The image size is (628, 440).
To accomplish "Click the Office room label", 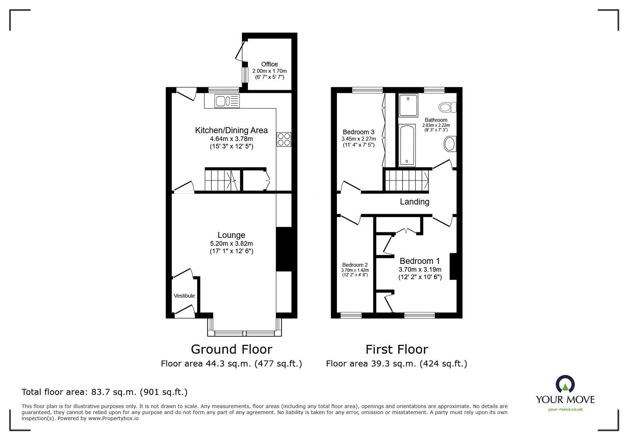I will click(x=269, y=64).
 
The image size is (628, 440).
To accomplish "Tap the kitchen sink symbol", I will click(x=227, y=101).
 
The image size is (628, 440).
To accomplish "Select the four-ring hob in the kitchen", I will click(x=284, y=139).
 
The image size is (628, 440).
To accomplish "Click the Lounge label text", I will click(x=231, y=235).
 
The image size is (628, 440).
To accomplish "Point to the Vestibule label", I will click(x=184, y=296).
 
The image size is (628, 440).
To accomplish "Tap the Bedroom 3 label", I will click(x=358, y=132).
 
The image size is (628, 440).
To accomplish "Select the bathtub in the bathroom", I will click(x=406, y=145).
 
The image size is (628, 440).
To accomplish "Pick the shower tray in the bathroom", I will click(x=408, y=105).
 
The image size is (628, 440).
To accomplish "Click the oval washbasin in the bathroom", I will click(x=449, y=144).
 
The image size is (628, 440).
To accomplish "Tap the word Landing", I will click(x=414, y=202).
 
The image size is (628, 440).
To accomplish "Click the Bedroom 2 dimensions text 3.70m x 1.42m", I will click(x=355, y=270).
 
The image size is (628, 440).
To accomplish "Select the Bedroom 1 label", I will click(x=419, y=261).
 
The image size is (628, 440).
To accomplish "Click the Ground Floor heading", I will click(x=231, y=349).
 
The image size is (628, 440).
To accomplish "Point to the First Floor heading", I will click(x=397, y=349).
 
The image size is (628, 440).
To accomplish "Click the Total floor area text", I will click(x=104, y=392).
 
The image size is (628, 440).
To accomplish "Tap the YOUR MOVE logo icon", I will click(x=565, y=384).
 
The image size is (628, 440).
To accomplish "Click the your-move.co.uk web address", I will click(x=565, y=409).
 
